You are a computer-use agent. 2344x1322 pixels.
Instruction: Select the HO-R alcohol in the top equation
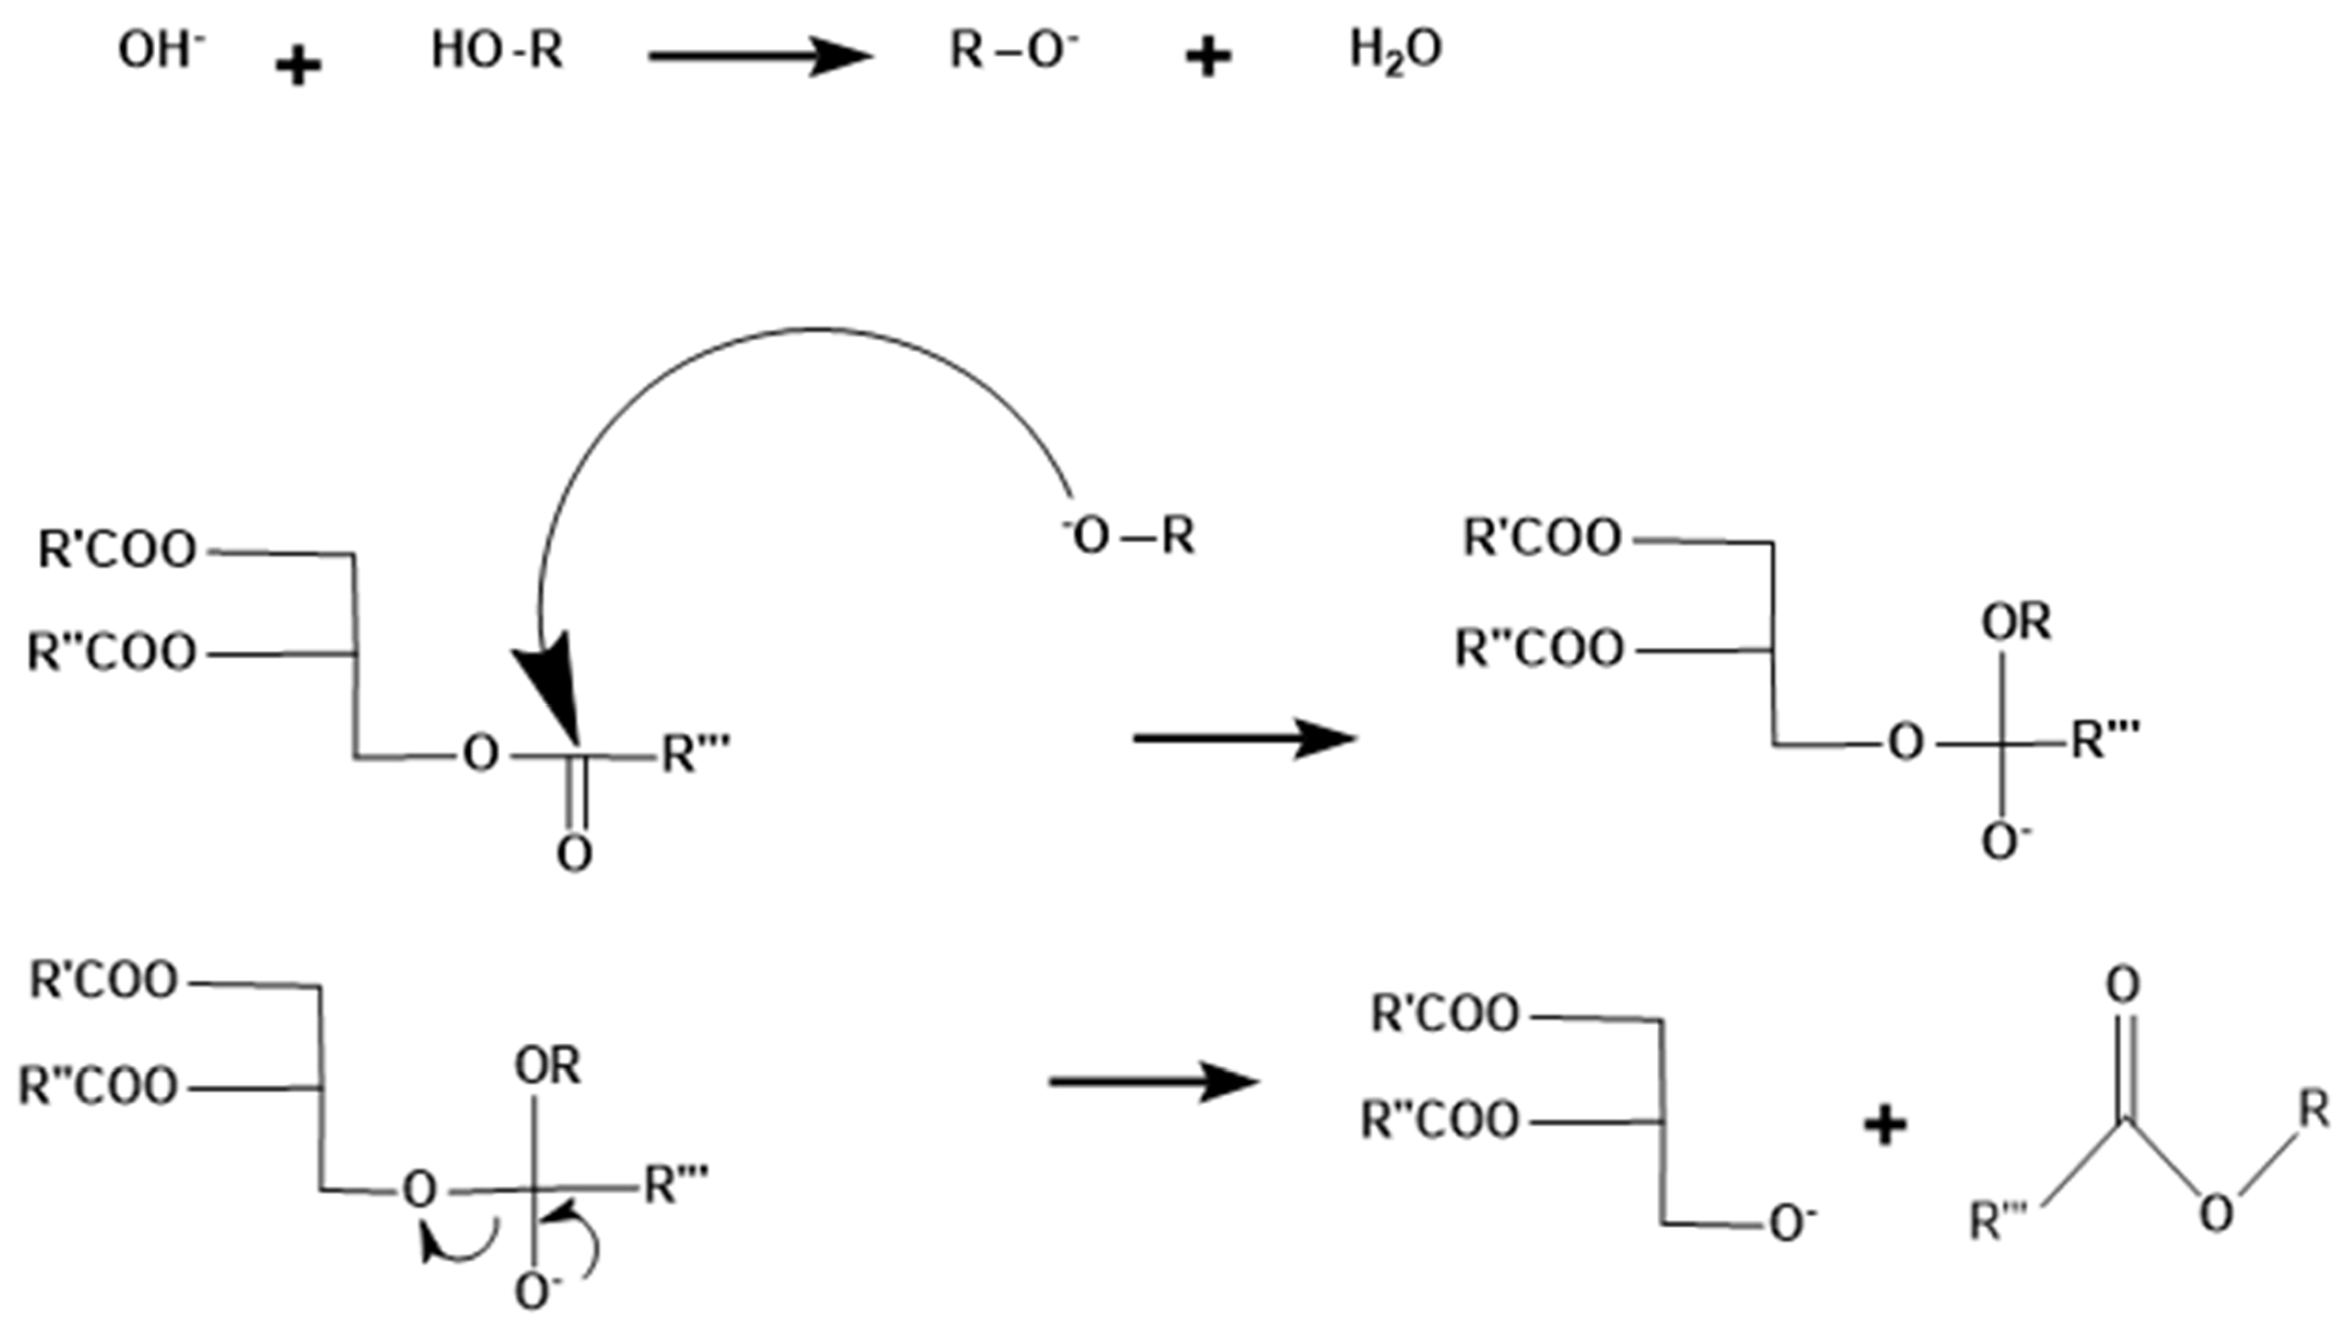click(497, 50)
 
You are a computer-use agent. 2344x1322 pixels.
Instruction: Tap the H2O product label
click(1395, 51)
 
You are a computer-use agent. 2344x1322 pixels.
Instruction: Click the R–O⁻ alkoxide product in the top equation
click(1013, 50)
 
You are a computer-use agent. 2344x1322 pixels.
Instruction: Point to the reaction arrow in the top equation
click(760, 56)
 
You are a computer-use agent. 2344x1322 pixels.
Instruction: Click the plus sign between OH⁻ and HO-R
click(299, 66)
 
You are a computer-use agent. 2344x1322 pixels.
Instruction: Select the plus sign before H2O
click(1208, 59)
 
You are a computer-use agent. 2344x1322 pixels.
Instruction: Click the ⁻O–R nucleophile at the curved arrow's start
click(1128, 536)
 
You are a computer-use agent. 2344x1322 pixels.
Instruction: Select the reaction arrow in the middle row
click(1244, 738)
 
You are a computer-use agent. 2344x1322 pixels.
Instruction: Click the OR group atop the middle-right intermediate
click(2016, 623)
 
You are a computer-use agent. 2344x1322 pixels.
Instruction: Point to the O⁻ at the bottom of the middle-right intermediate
click(2004, 841)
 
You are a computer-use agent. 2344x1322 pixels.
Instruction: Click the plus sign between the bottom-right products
click(1885, 1126)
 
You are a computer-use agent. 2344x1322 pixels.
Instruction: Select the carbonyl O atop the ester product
click(2123, 985)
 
